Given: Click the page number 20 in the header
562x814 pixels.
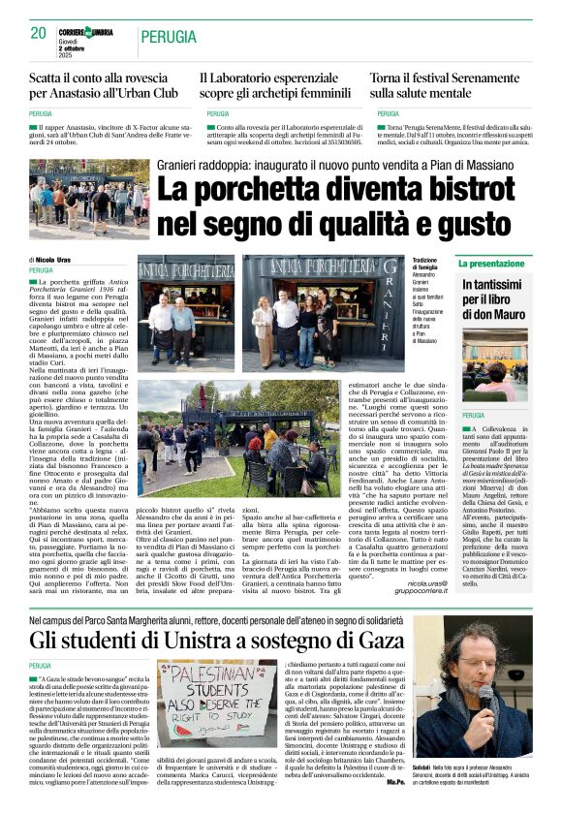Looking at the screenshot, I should (x=38, y=34).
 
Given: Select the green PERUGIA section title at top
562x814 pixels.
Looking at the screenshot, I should (x=170, y=38).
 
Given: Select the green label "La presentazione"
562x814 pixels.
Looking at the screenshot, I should (x=491, y=264).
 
